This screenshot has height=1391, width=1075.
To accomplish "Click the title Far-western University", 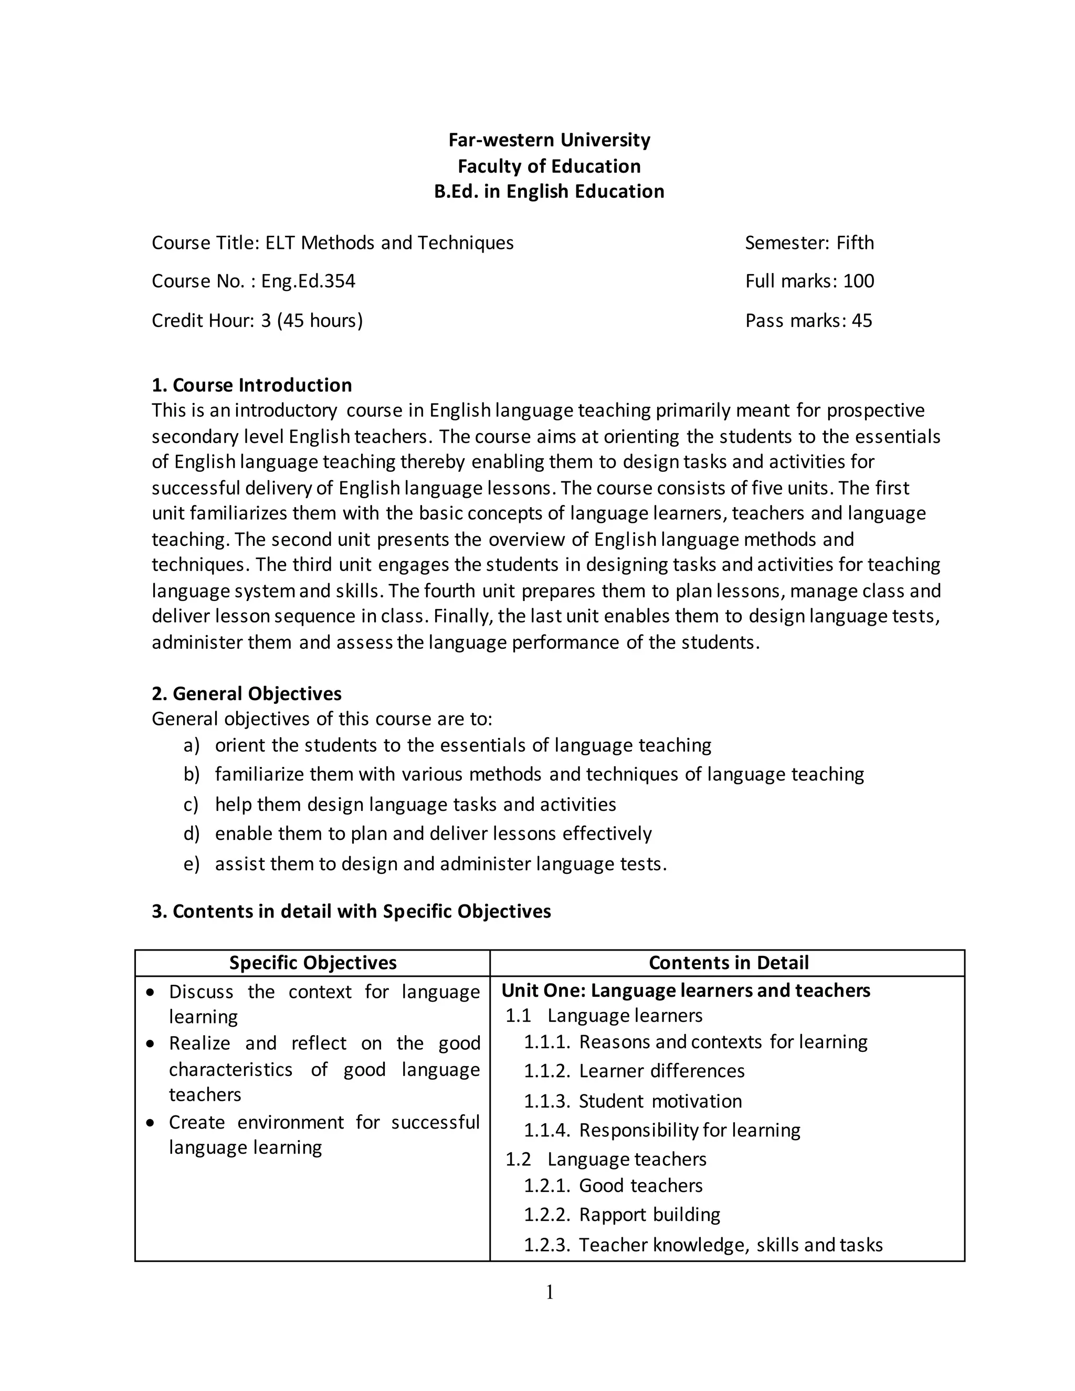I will tap(549, 140).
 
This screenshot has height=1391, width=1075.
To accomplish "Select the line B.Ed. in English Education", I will tap(549, 191).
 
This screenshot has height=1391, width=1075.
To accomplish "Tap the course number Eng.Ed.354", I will tap(308, 281).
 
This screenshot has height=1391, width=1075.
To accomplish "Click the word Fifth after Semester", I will tap(855, 243).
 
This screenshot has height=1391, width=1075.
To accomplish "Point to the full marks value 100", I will tap(858, 281).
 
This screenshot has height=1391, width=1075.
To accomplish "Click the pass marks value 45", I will tap(862, 320).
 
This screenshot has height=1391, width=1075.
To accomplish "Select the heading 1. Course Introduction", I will tap(251, 385).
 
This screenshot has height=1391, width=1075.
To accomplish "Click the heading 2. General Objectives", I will tap(247, 693).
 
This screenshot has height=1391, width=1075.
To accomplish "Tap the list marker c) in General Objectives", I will tap(191, 804).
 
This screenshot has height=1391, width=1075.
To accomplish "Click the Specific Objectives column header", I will tap(313, 962).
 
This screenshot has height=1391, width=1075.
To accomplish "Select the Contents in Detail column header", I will tap(729, 962).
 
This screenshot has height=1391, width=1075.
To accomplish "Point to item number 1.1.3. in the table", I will tap(546, 1101).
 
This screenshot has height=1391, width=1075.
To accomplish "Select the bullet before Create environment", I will tap(150, 1122).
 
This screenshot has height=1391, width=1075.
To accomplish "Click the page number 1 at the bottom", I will tap(550, 1292).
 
